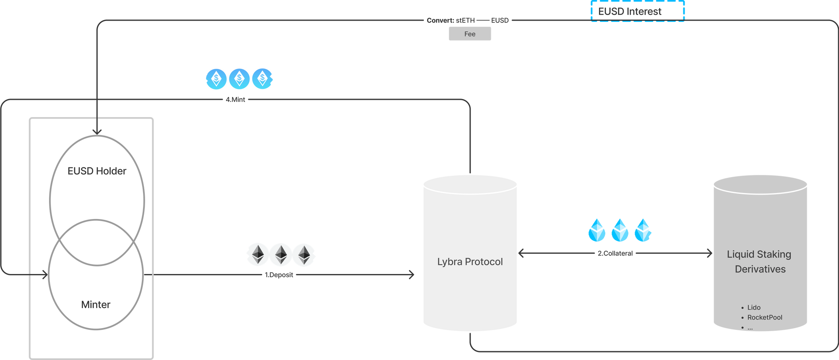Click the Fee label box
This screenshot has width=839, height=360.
point(470,34)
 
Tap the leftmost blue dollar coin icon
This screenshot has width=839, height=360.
point(216,78)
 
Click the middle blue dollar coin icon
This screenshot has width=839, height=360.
point(239,78)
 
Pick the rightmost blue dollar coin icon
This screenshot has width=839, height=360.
point(263,78)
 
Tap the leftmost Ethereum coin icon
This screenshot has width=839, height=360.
point(258,254)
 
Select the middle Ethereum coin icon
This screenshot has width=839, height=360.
point(281,254)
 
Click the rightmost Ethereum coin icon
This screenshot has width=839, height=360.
point(304,254)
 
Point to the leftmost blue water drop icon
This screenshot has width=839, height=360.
point(597,230)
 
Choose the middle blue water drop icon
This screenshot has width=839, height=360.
point(620,230)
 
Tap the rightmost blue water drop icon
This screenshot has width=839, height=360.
point(643,230)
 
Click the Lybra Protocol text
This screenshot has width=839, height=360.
point(470,261)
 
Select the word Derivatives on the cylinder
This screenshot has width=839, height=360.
point(760,269)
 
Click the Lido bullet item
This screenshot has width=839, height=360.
point(753,308)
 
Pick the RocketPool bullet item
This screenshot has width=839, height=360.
point(764,318)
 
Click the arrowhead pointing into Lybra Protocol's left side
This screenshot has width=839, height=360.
point(412,275)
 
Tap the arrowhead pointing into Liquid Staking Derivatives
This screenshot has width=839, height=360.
point(710,253)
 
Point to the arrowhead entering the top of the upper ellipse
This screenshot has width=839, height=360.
point(97,132)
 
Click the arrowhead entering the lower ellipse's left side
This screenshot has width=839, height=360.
point(45,275)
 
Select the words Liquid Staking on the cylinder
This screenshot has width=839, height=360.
point(759,254)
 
